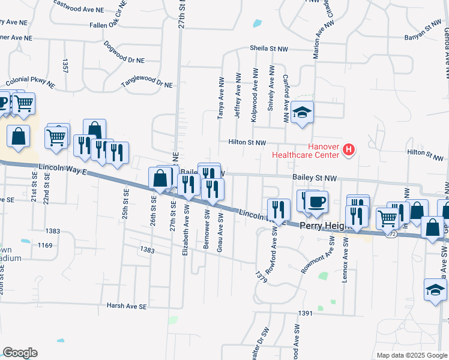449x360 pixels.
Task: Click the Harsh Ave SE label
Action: pos(127,306)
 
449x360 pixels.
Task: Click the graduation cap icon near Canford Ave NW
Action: pos(303,112)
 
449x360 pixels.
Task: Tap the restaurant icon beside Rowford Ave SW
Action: pos(279,209)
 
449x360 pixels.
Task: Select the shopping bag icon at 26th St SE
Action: pos(160,178)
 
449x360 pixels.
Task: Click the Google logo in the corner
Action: pos(20,353)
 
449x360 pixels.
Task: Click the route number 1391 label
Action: pos(306,313)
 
